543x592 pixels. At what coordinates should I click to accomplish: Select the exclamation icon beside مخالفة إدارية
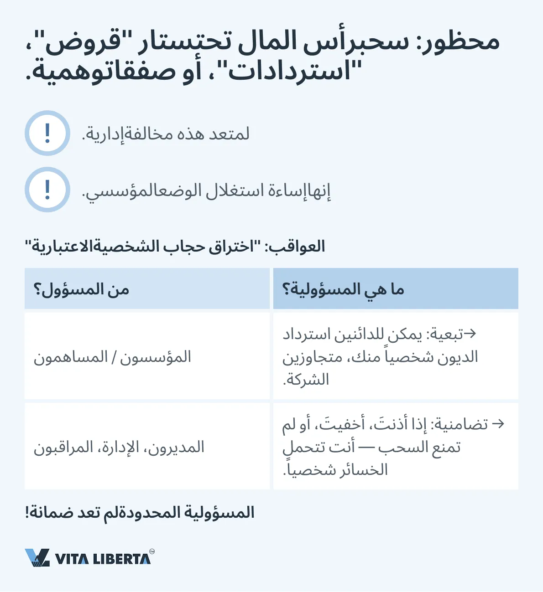point(47,133)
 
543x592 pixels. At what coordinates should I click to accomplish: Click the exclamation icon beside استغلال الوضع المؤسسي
point(47,190)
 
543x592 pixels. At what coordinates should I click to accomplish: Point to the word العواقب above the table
point(299,247)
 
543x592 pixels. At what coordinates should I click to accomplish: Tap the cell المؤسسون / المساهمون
point(112,357)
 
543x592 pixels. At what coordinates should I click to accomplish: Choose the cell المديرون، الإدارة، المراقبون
point(119,447)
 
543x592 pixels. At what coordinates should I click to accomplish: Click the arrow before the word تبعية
point(470,334)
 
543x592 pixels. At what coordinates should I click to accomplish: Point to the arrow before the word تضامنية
point(498,424)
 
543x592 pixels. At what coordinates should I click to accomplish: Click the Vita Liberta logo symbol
point(37,557)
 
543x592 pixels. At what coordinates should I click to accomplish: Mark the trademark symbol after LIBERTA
point(152,551)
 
